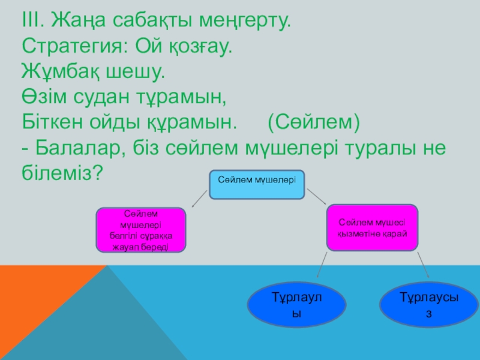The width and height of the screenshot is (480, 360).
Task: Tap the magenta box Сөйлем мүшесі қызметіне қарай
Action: (372, 227)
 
